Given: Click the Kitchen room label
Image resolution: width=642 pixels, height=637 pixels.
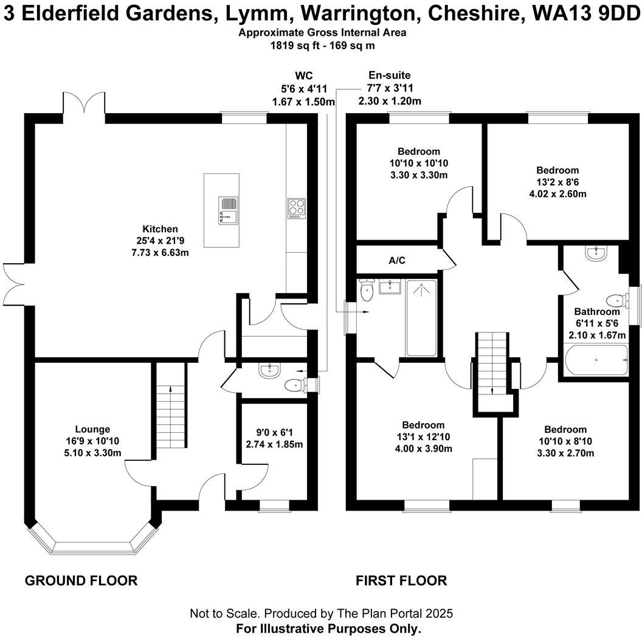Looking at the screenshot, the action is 160,229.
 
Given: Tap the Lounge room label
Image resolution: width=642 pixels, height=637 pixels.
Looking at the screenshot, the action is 92,429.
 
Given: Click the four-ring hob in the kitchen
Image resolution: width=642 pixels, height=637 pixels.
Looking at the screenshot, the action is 296,208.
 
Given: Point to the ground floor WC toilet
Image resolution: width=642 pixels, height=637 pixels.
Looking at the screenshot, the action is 295,384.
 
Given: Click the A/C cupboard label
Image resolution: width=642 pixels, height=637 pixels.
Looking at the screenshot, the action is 397,261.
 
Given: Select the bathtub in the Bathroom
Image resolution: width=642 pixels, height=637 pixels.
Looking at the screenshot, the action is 596,361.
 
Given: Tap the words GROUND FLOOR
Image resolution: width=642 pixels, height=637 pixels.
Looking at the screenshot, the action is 81,580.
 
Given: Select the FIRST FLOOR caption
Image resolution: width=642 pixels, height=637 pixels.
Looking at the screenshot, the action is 401,580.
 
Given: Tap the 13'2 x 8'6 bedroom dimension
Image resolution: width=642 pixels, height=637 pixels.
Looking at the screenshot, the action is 557,182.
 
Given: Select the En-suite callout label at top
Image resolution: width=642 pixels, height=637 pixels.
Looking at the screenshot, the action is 389,75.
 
